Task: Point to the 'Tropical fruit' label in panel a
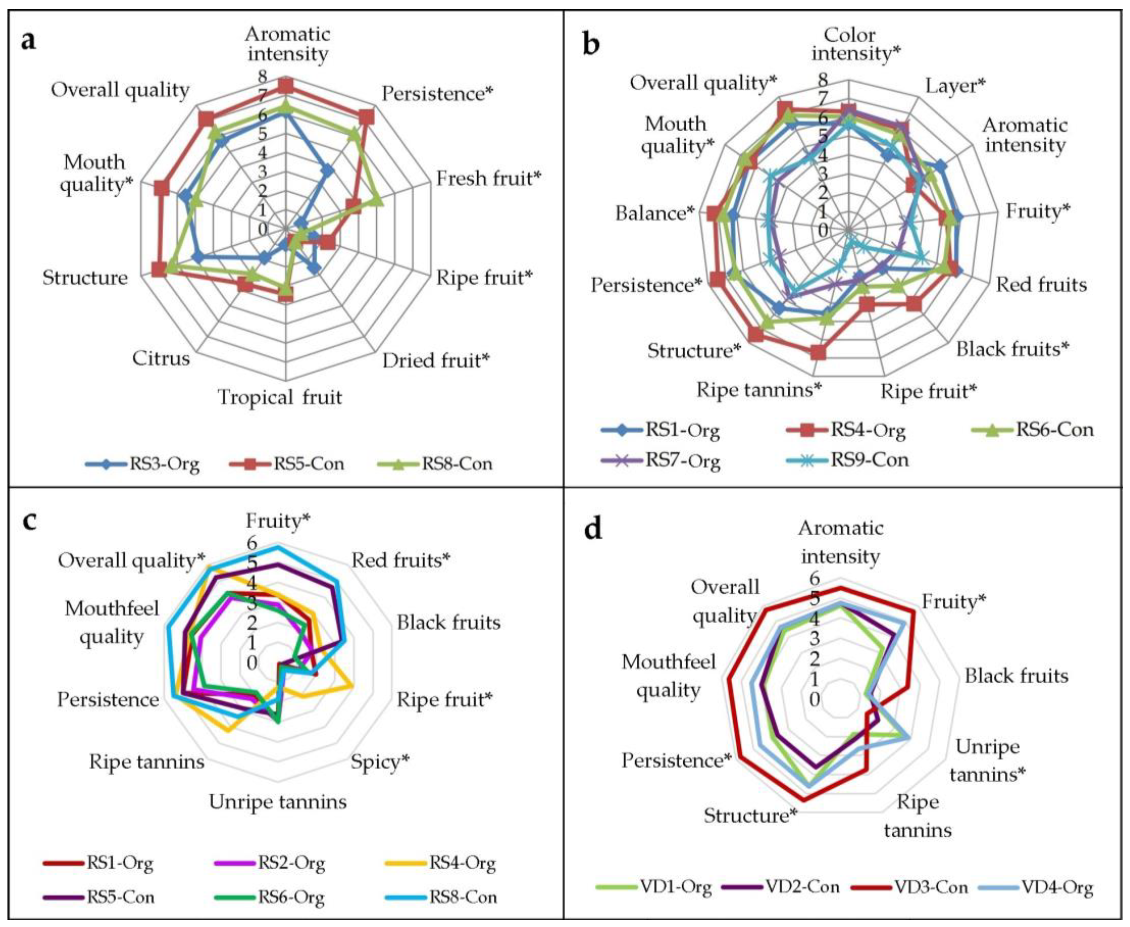279,397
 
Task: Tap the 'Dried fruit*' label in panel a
435,361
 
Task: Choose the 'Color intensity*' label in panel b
856,44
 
